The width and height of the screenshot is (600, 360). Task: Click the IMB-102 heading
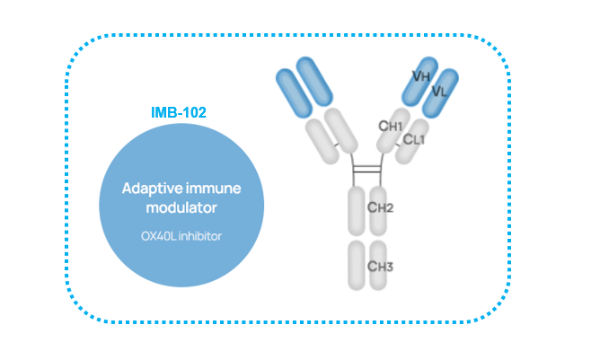pos(179,112)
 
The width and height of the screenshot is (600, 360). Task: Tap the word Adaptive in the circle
pos(153,189)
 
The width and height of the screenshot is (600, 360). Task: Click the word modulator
pos(181,207)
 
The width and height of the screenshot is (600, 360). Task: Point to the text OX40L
pos(158,236)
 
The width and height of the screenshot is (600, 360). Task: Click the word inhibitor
pos(200,236)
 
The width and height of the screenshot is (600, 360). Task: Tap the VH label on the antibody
pos(421,76)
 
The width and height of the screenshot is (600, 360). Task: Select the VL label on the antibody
pos(439,92)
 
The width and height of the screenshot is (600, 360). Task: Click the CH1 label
pos(391,126)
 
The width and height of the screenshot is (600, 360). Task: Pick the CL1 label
pos(414,139)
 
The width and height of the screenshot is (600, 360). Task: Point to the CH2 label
pos(380,207)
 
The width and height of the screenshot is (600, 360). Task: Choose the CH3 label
pos(380,267)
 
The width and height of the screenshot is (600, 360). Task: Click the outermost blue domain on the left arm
pos(294,93)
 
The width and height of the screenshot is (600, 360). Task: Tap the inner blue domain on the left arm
pos(314,82)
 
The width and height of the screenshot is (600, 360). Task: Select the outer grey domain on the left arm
pos(322,141)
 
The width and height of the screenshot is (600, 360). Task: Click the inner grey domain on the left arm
pos(341,131)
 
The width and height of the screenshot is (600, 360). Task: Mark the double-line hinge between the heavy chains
pos(367,169)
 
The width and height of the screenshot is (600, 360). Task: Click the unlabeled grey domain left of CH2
pos(357,211)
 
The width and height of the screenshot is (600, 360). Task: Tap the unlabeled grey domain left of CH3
pos(357,265)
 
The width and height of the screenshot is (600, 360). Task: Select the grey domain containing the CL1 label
pos(411,141)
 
